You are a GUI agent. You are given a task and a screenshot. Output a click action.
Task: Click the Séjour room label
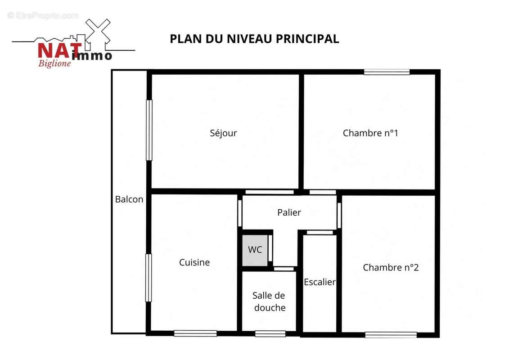tap(223, 133)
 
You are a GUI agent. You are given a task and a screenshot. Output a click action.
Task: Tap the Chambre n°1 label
tap(370, 133)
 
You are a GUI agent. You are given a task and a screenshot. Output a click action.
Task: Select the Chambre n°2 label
tap(391, 267)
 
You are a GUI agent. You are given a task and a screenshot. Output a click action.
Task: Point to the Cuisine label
tap(194, 262)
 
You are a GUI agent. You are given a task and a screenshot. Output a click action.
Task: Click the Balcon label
tap(129, 199)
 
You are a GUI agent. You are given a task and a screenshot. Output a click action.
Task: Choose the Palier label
tap(289, 212)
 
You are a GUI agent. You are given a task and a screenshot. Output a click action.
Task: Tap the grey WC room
tap(255, 250)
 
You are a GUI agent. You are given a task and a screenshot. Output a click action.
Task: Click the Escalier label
tap(320, 282)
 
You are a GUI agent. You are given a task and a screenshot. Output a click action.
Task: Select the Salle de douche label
tap(269, 301)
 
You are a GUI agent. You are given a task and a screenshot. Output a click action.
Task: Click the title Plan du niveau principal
tap(255, 39)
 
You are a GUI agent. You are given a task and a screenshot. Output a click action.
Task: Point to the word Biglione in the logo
tap(54, 63)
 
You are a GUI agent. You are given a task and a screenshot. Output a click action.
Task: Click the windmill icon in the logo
tap(97, 32)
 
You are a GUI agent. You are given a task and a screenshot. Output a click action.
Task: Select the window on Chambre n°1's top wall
tap(387, 72)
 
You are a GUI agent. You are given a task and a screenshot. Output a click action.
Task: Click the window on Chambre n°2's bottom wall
tap(391, 335)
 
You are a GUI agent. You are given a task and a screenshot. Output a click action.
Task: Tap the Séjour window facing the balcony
tap(149, 130)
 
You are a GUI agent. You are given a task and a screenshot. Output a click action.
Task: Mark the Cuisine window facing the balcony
tap(149, 278)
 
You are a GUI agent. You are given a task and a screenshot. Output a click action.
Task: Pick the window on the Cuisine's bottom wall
tap(195, 333)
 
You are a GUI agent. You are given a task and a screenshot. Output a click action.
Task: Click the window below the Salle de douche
tap(270, 334)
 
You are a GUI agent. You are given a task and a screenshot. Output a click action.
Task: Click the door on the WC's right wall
tap(270, 248)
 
